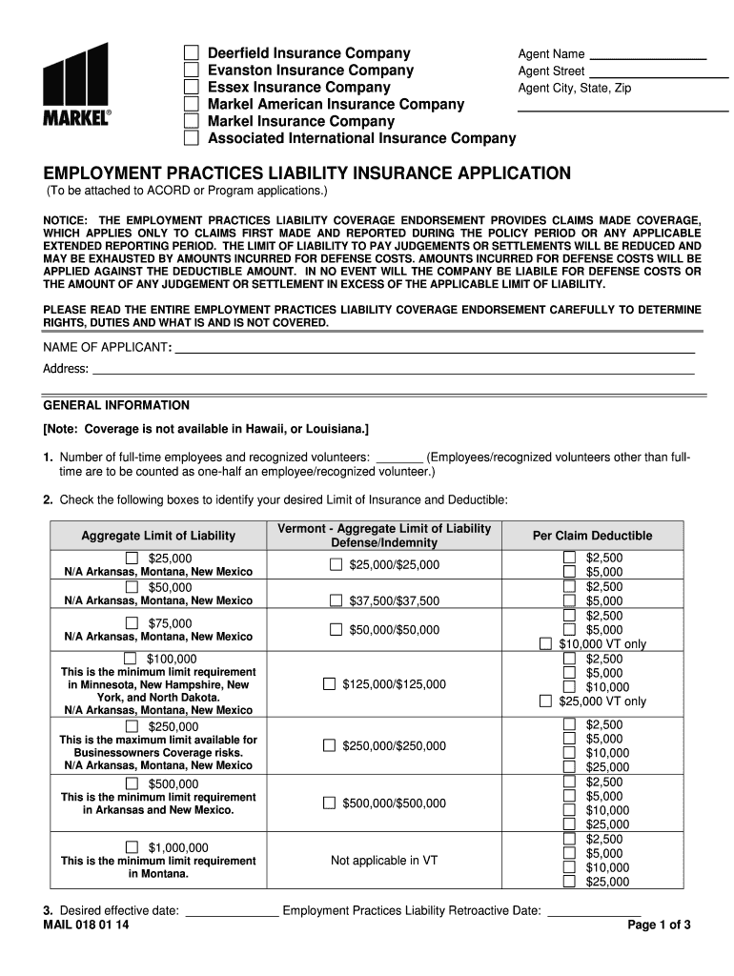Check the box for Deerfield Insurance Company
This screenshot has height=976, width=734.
pyautogui.click(x=192, y=53)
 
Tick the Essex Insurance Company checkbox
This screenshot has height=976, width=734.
pyautogui.click(x=192, y=88)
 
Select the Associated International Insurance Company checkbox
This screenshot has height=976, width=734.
pyautogui.click(x=192, y=139)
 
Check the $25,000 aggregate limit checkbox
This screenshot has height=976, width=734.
pyautogui.click(x=133, y=558)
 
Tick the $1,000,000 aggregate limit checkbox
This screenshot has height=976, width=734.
pyautogui.click(x=133, y=847)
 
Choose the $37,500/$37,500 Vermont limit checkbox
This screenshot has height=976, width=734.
pyautogui.click(x=336, y=600)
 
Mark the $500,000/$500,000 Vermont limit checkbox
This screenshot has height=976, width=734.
pyautogui.click(x=329, y=803)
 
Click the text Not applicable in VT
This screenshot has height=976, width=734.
pyautogui.click(x=384, y=861)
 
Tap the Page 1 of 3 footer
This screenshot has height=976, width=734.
pyautogui.click(x=660, y=925)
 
